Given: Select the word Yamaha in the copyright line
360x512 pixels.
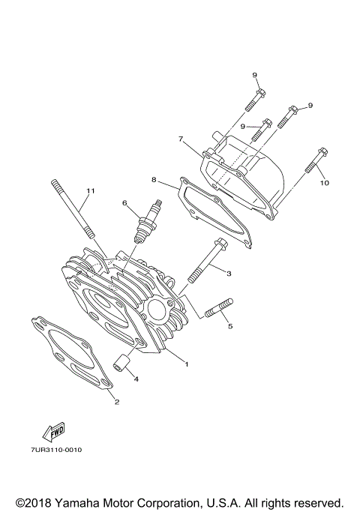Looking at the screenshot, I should [84, 502].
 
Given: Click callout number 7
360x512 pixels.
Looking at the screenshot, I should [181, 139].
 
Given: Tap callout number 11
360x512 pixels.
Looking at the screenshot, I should [90, 191].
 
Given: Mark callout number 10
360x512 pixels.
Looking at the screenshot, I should [325, 182].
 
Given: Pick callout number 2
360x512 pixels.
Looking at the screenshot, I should [116, 402].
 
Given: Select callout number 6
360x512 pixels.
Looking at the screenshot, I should [126, 202].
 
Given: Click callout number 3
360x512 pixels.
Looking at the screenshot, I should [229, 274].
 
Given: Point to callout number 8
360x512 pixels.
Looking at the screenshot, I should [153, 180].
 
